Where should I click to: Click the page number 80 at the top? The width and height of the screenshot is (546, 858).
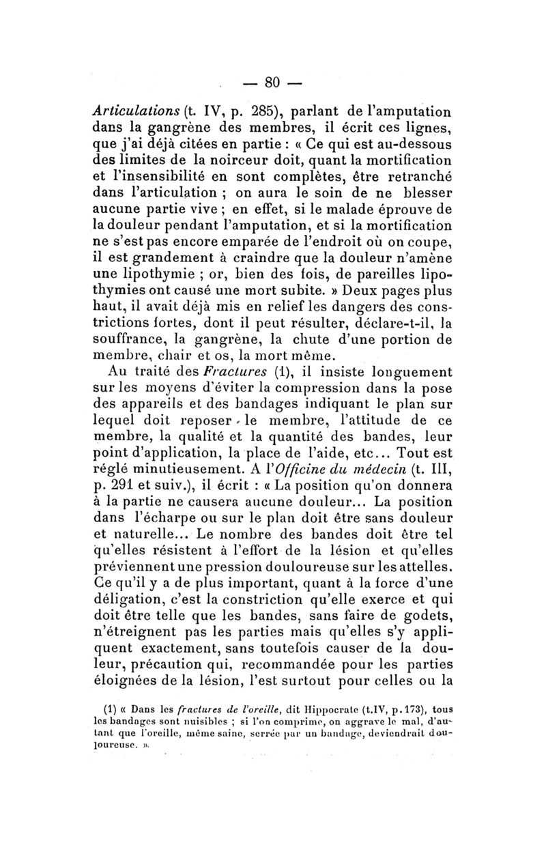pos(272,83)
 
